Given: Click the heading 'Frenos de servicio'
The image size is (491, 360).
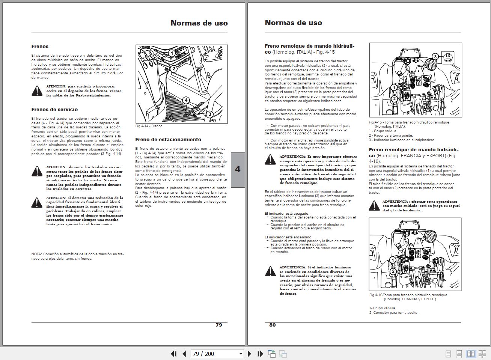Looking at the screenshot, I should click(x=54, y=110).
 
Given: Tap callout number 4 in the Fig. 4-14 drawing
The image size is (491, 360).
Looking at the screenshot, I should click(x=186, y=100).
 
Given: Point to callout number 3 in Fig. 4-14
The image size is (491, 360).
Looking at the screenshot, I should click(x=209, y=114).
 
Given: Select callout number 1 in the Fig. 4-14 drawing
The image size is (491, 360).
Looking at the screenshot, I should click(x=172, y=53).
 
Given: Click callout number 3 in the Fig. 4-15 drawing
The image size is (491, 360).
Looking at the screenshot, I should click(x=435, y=57).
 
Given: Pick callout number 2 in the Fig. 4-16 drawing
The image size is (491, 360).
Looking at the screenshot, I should click(x=393, y=271).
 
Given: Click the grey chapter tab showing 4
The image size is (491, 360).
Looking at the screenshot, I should click(x=238, y=170).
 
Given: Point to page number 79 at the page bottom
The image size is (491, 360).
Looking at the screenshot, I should click(x=219, y=325).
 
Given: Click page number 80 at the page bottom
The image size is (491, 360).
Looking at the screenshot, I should click(x=273, y=325).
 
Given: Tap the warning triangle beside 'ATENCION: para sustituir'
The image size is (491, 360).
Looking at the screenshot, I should click(x=37, y=90).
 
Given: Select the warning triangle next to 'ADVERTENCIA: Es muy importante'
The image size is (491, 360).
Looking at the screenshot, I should click(x=270, y=160).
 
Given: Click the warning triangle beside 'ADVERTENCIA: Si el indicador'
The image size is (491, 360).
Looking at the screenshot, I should click(x=270, y=271).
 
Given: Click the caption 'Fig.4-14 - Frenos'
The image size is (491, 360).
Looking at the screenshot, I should click(x=149, y=126).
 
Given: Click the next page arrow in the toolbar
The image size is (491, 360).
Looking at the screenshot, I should click(x=249, y=354).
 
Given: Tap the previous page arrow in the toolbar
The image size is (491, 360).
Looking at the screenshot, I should click(x=184, y=354).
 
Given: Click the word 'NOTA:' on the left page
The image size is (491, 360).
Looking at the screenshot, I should click(x=36, y=254).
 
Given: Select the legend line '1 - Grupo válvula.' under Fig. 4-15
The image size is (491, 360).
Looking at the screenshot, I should click(x=383, y=131).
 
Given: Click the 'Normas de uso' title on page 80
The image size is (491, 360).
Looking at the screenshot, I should click(x=293, y=23).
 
